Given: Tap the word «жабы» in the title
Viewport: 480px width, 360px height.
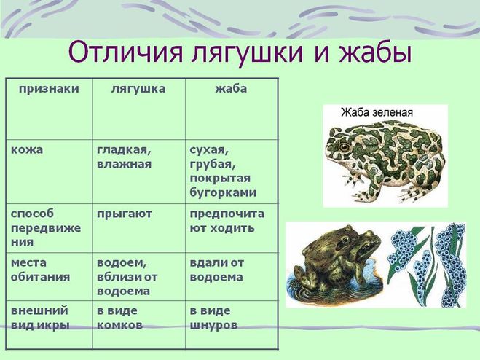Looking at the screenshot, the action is click(x=374, y=52).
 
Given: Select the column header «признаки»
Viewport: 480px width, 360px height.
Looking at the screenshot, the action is click(x=49, y=89).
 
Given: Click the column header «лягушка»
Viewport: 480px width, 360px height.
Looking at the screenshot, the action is click(x=138, y=89).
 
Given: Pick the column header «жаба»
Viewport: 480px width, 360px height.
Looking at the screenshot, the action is click(x=231, y=89).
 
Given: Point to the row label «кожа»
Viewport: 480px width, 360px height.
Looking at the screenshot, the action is click(x=27, y=150).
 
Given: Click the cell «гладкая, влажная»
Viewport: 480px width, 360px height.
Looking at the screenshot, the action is click(x=125, y=157).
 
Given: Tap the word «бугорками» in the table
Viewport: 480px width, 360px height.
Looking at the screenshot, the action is click(x=223, y=192).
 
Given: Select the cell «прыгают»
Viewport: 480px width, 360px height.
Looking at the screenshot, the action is click(x=125, y=214).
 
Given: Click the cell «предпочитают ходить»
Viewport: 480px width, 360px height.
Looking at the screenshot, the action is click(x=227, y=221).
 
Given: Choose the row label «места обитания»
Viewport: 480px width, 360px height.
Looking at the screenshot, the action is click(x=40, y=270).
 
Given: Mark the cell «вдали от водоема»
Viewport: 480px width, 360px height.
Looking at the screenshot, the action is click(x=217, y=270).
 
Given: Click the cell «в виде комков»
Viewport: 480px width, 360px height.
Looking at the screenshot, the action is click(x=119, y=318).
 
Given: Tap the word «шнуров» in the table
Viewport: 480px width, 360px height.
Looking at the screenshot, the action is click(x=213, y=325).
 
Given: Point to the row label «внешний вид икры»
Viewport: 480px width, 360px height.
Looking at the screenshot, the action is click(x=40, y=318).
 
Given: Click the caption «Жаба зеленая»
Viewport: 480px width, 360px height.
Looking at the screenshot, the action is click(x=377, y=112).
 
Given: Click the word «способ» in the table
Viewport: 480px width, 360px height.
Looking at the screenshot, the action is click(x=32, y=214).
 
